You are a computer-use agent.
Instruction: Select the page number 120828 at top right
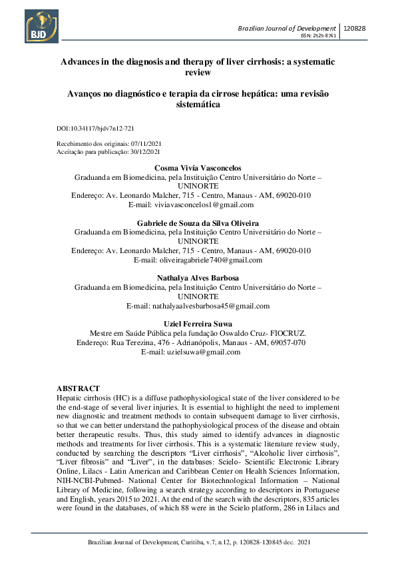tap(359, 28)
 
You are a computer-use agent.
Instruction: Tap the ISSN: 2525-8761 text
tap(319, 36)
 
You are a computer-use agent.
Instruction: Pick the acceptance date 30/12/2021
tap(146, 152)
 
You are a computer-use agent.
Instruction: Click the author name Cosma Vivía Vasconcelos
tap(197, 169)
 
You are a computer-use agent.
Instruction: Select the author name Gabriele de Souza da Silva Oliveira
tap(197, 223)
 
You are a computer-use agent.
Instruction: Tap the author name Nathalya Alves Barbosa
tap(197, 277)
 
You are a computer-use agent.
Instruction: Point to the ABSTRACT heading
tap(78, 388)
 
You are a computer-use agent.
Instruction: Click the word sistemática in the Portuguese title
tap(197, 105)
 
